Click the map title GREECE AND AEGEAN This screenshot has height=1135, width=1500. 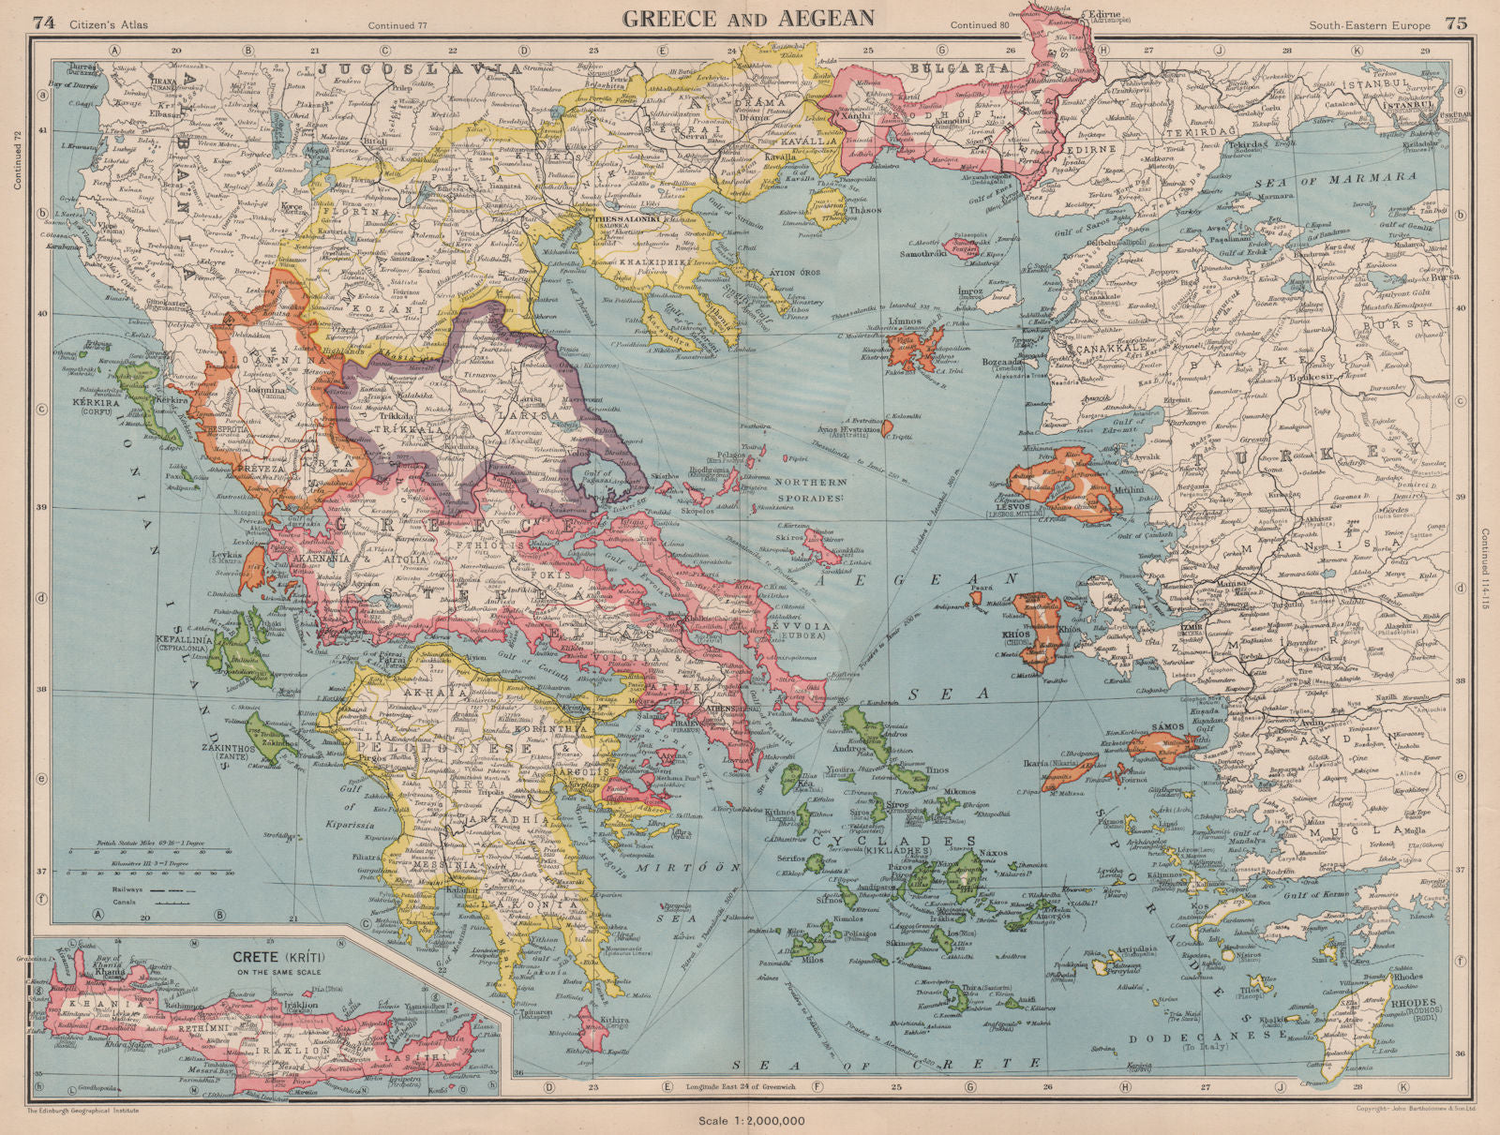pyautogui.click(x=749, y=17)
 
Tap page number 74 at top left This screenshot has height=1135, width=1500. pyautogui.click(x=41, y=23)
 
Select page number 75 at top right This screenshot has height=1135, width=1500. pyautogui.click(x=1456, y=23)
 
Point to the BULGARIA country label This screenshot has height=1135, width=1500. pyautogui.click(x=967, y=67)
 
